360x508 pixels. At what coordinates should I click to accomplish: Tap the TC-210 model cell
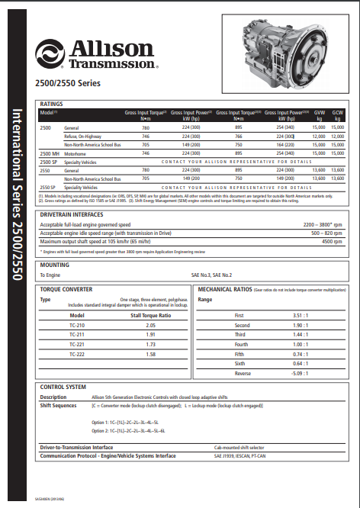point(77,324)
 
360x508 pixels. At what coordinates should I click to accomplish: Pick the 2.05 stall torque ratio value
point(149,324)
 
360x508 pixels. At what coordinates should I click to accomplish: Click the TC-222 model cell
point(77,354)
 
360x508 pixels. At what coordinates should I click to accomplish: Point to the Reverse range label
point(242,374)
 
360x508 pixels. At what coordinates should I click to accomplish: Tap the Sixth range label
point(239,364)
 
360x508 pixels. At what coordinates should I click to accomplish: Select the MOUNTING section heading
point(54,265)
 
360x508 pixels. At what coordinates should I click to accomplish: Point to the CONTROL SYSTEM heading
point(63,387)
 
